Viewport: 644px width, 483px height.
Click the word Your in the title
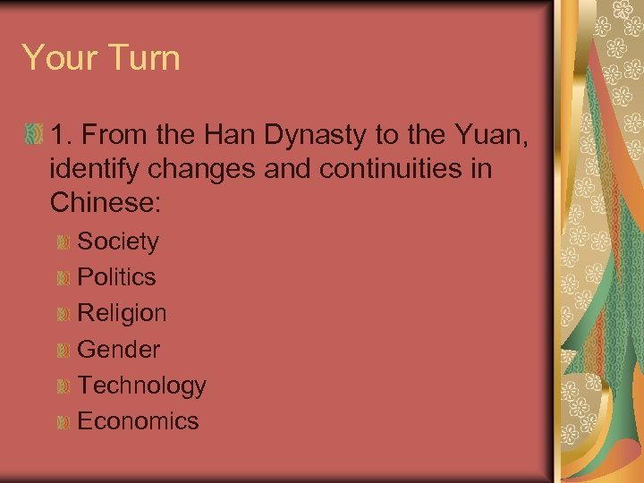pyautogui.click(x=57, y=58)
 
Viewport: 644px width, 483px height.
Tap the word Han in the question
pyautogui.click(x=231, y=137)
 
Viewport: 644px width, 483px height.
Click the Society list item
pyautogui.click(x=118, y=241)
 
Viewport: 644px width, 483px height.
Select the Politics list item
pyautogui.click(x=116, y=277)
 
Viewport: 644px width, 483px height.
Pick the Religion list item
pyautogui.click(x=122, y=313)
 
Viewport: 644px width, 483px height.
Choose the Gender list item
pyautogui.click(x=119, y=350)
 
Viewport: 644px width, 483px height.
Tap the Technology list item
pyautogui.click(x=141, y=386)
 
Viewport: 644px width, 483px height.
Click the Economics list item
pyautogui.click(x=138, y=421)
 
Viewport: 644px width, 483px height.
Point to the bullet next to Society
pyautogui.click(x=63, y=242)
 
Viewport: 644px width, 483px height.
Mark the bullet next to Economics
pyautogui.click(x=63, y=422)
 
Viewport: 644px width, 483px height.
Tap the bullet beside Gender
pyautogui.click(x=63, y=351)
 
